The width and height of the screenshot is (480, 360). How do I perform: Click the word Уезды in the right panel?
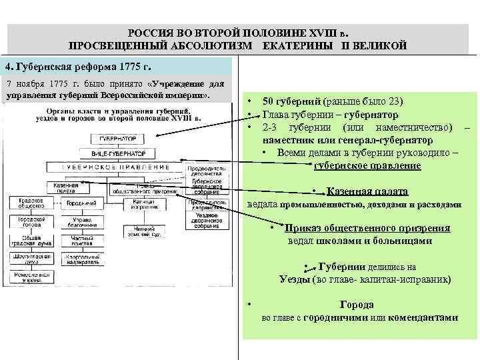coord(295,279)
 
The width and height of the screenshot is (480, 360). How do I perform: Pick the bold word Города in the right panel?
coord(357,305)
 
